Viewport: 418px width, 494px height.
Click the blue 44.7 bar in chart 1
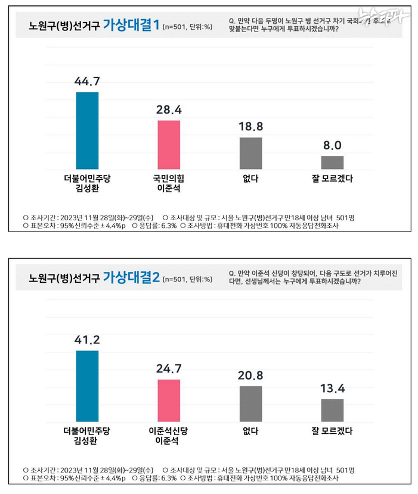tap(87, 131)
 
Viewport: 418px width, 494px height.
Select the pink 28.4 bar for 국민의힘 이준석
tap(169, 145)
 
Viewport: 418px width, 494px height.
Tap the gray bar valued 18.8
tap(250, 154)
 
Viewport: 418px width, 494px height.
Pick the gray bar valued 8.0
tap(332, 162)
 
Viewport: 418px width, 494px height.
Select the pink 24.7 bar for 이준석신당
tap(169, 400)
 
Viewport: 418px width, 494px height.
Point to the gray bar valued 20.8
tap(250, 404)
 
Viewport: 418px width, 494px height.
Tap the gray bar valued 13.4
tap(332, 410)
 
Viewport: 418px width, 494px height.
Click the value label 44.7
tap(87, 81)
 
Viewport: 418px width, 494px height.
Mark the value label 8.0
tap(332, 145)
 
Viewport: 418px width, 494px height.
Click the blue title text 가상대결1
tap(130, 25)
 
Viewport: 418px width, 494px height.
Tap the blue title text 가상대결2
tap(131, 277)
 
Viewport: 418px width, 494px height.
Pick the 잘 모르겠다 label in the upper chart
tap(332, 178)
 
